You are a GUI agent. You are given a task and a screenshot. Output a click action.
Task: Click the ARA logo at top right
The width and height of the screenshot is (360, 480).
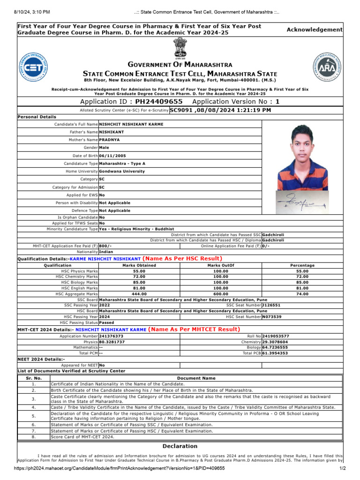[x=326, y=68]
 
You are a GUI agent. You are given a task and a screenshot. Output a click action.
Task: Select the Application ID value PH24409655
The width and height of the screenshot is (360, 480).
[x=159, y=102]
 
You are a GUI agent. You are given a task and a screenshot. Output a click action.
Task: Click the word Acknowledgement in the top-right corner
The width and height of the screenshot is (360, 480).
[x=315, y=30]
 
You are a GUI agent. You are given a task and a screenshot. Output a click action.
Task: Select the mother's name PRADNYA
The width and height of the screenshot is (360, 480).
[x=109, y=140]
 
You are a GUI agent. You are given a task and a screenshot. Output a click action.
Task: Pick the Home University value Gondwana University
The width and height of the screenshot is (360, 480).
[x=122, y=172]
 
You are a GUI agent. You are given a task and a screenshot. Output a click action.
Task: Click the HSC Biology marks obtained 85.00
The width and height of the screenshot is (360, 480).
[x=139, y=282]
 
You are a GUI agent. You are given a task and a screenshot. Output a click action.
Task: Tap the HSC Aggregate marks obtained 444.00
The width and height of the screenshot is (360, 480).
[x=139, y=294]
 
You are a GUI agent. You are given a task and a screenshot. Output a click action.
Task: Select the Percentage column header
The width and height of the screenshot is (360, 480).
[x=302, y=265]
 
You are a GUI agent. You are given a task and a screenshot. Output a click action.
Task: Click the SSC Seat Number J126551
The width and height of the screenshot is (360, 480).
[x=271, y=305]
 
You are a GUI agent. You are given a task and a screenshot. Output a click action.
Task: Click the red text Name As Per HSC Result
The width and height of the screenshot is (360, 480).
[x=182, y=259]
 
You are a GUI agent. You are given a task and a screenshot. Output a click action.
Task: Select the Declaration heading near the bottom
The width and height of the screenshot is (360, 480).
[x=180, y=446]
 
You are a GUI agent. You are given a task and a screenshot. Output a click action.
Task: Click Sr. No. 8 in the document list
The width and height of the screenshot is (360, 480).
[x=34, y=437]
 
